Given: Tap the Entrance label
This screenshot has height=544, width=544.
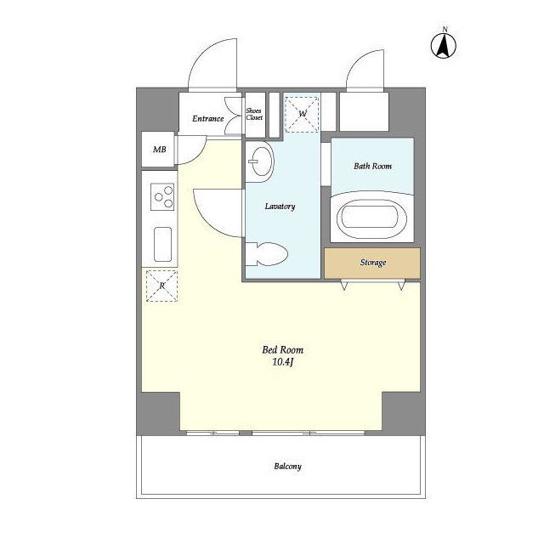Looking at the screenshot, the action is tap(207, 119).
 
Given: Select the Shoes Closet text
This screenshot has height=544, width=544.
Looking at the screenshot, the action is tap(254, 114).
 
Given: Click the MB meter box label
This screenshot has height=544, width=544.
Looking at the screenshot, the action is tap(160, 150).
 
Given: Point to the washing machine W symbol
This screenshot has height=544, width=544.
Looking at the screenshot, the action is tap(302, 114).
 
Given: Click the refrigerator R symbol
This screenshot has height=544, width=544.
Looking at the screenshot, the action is tap(161, 286).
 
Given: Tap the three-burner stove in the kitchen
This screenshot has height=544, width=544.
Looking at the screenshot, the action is tap(162, 196).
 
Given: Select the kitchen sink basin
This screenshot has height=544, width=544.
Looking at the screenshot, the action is tap(162, 244).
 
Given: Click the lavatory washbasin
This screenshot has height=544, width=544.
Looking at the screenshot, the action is tap(260, 161).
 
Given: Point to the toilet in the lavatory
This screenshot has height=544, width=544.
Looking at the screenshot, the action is tap(266, 254).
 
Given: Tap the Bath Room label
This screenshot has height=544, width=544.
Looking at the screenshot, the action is tap(372, 167).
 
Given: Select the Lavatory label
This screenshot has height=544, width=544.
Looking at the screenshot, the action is tap(280, 207).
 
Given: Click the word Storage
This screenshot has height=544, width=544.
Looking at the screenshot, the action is tap(373, 263).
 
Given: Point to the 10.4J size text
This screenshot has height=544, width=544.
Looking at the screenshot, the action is tap(283, 363).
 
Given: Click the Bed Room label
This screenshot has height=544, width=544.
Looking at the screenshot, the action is tap(282, 349).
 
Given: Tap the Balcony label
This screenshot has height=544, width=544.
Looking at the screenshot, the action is tap(287, 467).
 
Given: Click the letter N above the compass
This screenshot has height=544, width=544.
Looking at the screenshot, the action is tap(445, 29).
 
